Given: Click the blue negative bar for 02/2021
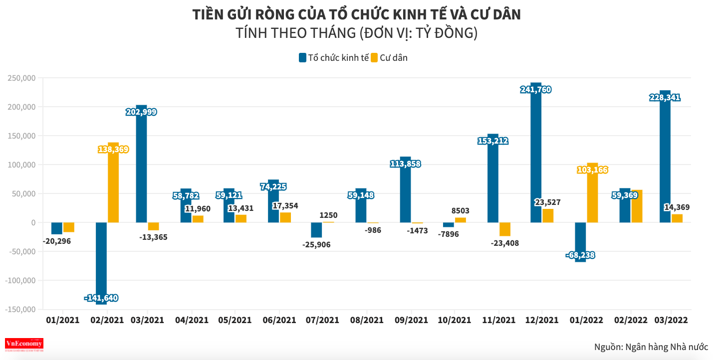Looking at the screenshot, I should point(101,259).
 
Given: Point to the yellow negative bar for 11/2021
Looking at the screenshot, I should point(504,229).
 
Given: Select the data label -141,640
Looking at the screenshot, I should point(101,298).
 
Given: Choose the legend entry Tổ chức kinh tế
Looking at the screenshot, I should point(333,58).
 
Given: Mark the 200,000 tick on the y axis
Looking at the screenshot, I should point(21,107).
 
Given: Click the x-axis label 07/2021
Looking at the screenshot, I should point(322,320).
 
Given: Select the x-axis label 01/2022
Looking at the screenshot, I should point(586,320).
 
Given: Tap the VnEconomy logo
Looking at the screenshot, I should point(24,344).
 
